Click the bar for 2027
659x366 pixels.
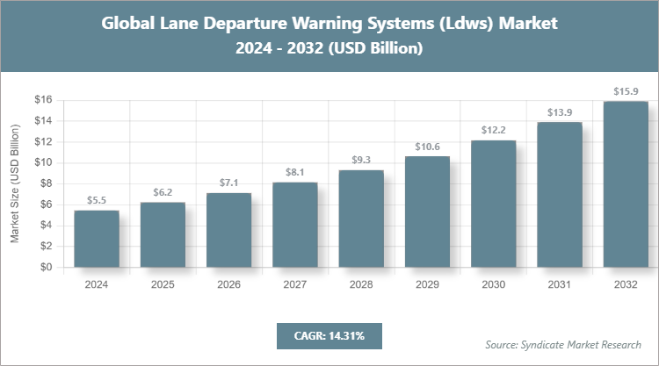294,225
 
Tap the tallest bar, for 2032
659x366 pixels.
626,184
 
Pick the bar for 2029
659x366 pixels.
427,212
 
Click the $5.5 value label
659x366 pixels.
96,201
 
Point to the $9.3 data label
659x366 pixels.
361,161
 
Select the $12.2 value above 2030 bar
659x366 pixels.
493,131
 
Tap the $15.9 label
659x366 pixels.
626,91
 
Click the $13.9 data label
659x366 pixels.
560,112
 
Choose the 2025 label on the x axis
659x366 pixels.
163,284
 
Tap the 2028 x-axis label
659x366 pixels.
361,284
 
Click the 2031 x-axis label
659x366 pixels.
560,284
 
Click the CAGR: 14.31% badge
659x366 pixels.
329,335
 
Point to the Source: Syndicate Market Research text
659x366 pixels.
562,344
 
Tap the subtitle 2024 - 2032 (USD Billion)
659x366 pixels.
329,49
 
